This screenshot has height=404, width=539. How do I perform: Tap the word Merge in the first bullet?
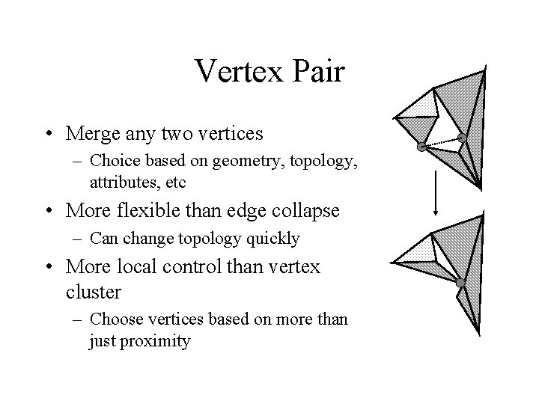click(x=92, y=134)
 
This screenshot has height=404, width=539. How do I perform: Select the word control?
click(x=214, y=267)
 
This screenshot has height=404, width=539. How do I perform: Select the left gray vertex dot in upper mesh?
click(x=422, y=147)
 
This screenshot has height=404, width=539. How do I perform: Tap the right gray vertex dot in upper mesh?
click(x=462, y=138)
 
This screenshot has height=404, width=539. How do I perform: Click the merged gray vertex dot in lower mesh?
click(x=460, y=283)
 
